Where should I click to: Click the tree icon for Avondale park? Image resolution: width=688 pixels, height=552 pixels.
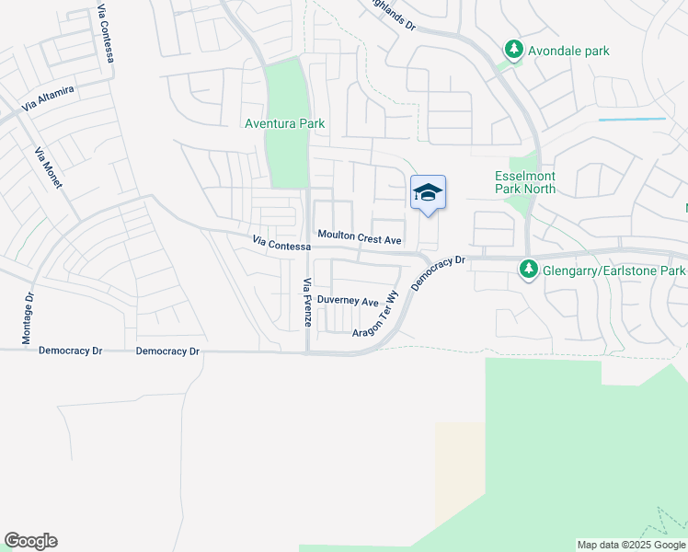point(513,50)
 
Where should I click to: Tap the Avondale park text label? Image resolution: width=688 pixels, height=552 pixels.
point(568,51)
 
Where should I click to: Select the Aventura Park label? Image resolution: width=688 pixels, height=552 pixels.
point(284,123)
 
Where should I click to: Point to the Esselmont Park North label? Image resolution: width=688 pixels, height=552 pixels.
point(525,181)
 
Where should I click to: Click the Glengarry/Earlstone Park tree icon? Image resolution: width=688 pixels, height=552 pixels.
point(528,270)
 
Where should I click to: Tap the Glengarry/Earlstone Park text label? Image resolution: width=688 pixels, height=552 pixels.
point(613,271)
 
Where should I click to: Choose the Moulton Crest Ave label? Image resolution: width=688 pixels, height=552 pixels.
point(360,238)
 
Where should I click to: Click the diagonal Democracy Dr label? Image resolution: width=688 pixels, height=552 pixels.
point(440,273)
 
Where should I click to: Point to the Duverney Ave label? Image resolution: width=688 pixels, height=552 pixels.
point(348,302)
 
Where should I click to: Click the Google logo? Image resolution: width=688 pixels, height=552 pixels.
point(30,541)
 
